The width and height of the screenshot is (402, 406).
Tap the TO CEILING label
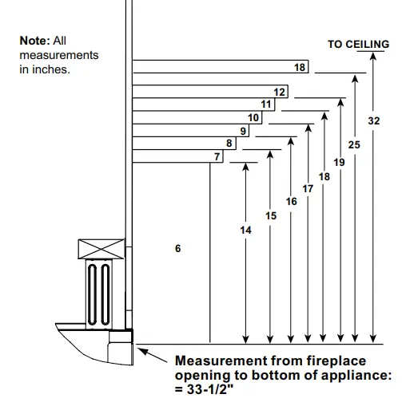tap(358, 45)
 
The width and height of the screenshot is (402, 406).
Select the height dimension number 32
tap(373, 120)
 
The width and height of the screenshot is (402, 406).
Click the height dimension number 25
tap(355, 144)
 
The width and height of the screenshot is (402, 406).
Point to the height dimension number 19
tap(339, 162)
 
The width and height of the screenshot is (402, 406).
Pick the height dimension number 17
tap(308, 188)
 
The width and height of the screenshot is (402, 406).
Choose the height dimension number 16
tap(291, 202)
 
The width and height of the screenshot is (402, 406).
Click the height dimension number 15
tap(271, 215)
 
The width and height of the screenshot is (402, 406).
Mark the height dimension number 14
tap(245, 230)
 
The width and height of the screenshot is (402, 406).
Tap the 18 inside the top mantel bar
tap(300, 68)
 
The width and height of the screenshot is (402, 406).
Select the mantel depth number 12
tap(279, 93)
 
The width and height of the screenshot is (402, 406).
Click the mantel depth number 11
tap(266, 104)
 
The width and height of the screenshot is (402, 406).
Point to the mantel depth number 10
tap(253, 118)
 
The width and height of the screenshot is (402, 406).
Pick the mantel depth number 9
tap(243, 131)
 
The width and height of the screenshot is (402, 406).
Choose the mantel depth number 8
tap(229, 144)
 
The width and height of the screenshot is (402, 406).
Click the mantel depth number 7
tap(217, 157)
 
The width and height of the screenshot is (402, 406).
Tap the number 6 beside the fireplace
tap(177, 249)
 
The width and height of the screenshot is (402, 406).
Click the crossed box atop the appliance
tap(101, 249)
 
